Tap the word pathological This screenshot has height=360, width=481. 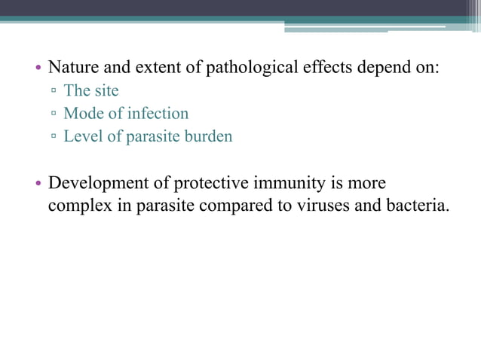click(243, 67)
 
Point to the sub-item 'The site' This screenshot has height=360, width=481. click(91, 91)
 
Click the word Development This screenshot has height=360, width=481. click(97, 185)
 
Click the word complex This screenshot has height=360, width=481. click(78, 206)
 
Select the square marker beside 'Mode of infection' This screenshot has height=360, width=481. click(54, 114)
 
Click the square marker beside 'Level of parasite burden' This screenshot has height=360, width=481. click(54, 137)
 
